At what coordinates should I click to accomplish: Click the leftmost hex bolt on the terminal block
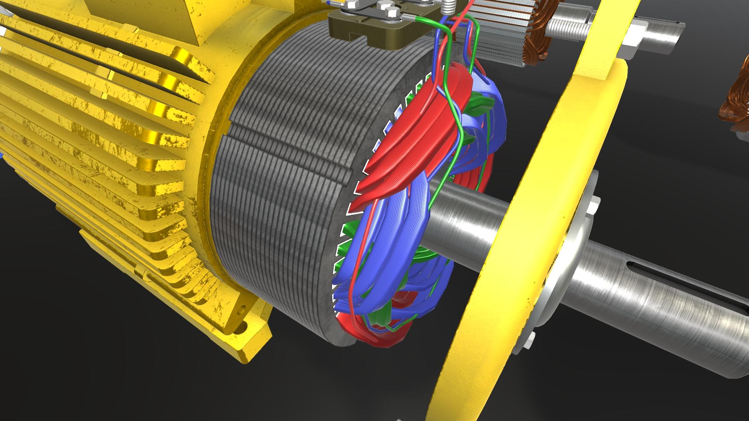point(352,5)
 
